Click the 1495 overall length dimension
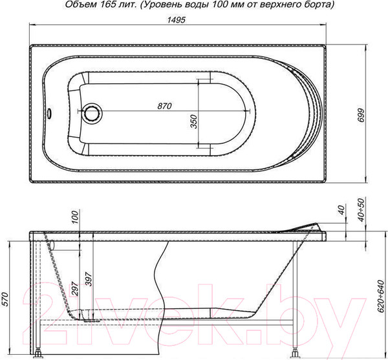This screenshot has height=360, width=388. point(176,20)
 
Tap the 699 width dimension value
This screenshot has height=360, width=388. point(361,115)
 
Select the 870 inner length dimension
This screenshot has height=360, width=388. point(164,106)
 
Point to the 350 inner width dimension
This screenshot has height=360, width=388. point(194,122)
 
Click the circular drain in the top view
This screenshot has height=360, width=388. point(92,113)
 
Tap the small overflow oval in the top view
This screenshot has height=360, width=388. point(49,114)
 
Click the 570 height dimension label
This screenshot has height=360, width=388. point(5,299)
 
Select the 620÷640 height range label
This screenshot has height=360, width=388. point(381,297)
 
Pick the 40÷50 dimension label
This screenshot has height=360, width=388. point(361,209)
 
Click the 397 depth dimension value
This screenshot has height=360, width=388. point(89,279)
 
